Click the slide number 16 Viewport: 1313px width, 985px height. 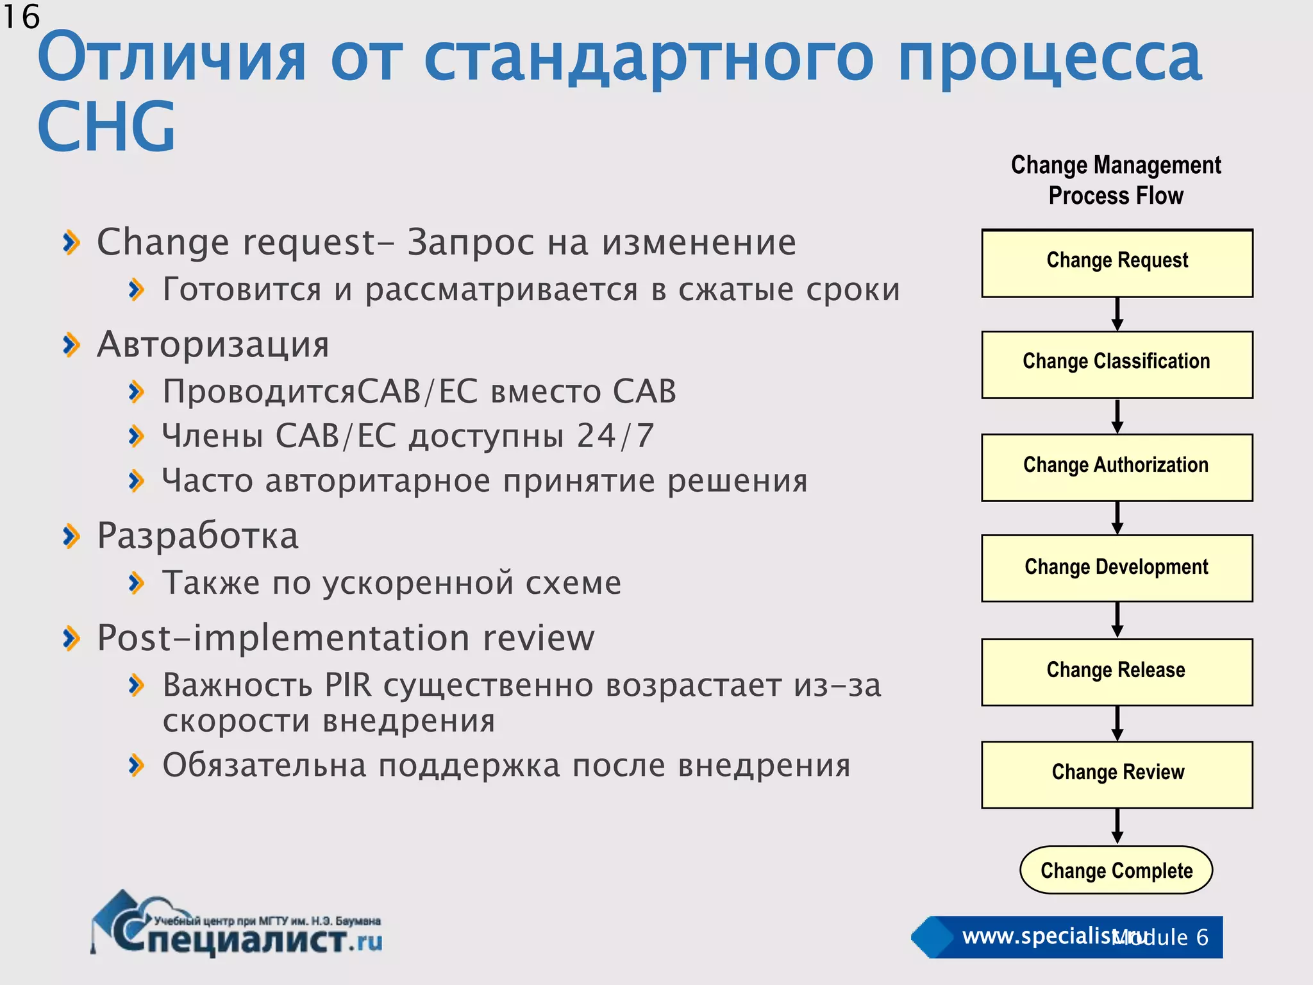[21, 17]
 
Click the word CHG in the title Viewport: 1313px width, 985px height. [106, 127]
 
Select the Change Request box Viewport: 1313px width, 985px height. [1117, 264]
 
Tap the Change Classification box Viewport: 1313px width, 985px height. [1117, 364]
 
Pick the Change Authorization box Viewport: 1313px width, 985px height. [1117, 467]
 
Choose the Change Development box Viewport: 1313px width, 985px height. [1117, 568]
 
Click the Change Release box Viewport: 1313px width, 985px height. [1117, 671]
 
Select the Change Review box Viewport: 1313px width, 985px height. [1117, 774]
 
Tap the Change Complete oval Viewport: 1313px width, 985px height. [1116, 870]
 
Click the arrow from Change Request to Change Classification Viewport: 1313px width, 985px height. [1117, 314]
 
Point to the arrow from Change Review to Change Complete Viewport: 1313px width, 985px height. [1117, 826]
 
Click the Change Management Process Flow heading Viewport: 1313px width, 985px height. [1116, 180]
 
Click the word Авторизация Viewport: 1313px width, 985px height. [213, 344]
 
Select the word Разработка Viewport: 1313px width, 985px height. [197, 535]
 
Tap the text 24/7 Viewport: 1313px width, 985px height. [615, 436]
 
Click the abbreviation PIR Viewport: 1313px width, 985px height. [348, 685]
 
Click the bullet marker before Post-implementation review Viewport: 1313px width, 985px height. [71, 638]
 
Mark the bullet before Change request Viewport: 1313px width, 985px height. [71, 242]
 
